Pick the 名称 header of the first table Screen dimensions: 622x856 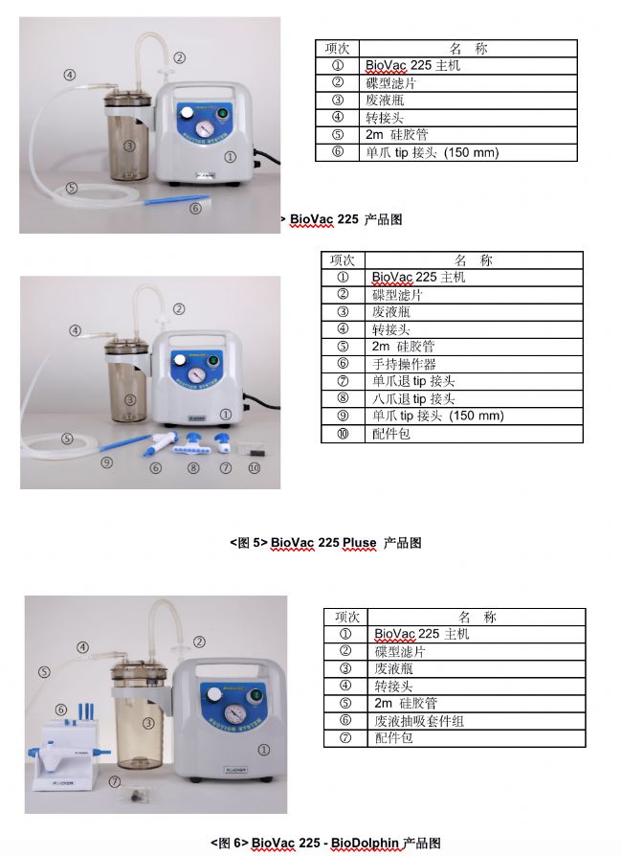tap(468, 49)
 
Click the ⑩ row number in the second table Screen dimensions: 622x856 tap(343, 434)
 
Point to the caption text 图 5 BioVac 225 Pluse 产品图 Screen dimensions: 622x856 tap(325, 543)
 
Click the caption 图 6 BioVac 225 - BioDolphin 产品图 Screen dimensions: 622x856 tap(325, 843)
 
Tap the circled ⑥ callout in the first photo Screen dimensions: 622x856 tap(195, 208)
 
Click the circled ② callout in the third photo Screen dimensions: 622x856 tap(200, 642)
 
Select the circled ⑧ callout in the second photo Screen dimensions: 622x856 tap(193, 468)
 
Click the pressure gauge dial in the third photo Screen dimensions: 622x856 tap(235, 714)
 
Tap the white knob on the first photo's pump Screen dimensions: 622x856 tap(187, 112)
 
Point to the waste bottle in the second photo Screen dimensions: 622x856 tap(127, 382)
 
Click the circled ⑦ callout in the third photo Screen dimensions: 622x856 tap(115, 781)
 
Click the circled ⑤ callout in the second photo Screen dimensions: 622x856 tap(67, 439)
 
